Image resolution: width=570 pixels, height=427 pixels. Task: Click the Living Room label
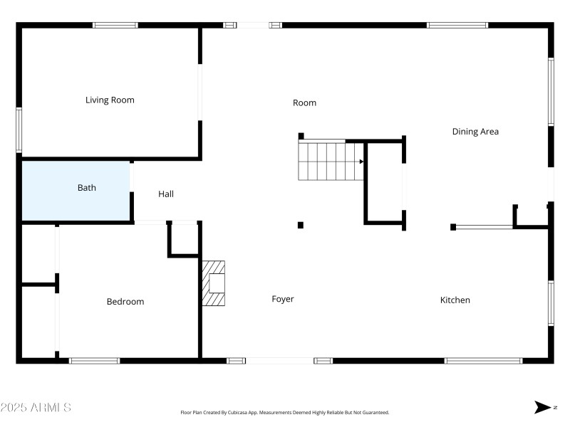[x=110, y=100]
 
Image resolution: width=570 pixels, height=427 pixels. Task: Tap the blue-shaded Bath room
[x=76, y=191]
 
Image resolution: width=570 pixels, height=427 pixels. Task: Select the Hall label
[x=166, y=194]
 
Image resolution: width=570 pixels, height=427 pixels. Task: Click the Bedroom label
[x=125, y=302]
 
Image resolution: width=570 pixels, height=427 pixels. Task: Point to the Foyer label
[x=283, y=299]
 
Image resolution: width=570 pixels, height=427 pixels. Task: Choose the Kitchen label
[x=455, y=300]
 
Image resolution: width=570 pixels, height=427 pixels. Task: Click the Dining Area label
[x=475, y=132]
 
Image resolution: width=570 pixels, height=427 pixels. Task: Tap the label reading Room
[x=304, y=103]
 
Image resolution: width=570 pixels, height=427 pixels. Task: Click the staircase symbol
[x=330, y=162]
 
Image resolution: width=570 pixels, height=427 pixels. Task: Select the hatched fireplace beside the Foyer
[x=214, y=283]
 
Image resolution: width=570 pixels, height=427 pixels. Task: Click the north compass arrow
[x=543, y=407]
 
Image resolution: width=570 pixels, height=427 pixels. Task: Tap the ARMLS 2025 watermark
[x=36, y=408]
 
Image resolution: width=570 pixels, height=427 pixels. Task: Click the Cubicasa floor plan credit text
[x=285, y=412]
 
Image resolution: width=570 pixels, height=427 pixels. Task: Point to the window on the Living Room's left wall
[x=19, y=130]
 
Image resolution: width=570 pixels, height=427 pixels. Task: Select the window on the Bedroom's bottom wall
[x=94, y=361]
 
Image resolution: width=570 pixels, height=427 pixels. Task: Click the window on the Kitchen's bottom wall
[x=483, y=361]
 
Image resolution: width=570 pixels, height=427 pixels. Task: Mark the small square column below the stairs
[x=301, y=226]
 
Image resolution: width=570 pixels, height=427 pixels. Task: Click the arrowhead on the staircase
[x=361, y=162]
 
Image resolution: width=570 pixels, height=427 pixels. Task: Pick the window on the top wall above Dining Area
[x=457, y=25]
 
